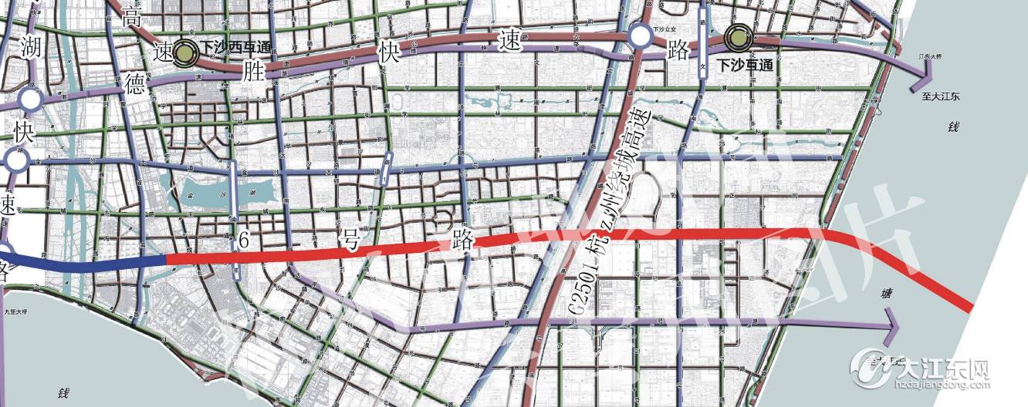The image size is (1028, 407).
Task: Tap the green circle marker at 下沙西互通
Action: (185, 52)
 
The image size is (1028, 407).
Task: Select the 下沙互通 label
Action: (745, 66)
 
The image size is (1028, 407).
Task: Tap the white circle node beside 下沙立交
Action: (639, 36)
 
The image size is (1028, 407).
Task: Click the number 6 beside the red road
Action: (244, 241)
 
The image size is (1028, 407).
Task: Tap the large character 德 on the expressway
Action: (135, 86)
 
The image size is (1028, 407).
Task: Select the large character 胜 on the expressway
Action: (252, 72)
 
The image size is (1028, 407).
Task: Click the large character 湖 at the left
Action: (32, 46)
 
